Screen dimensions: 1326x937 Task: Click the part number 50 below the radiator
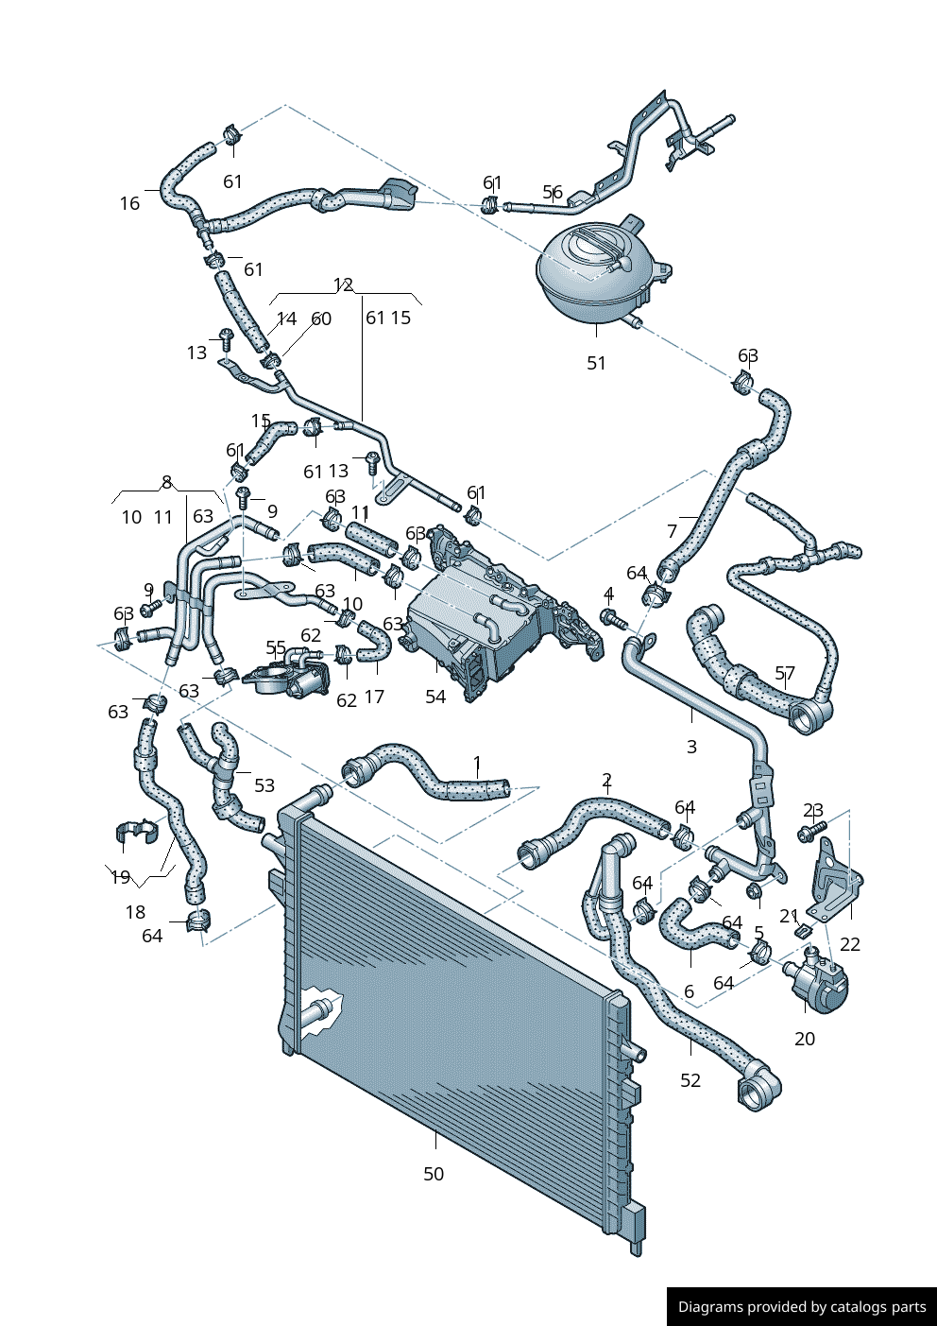pos(433,1174)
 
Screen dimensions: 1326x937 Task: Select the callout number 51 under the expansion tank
pos(596,363)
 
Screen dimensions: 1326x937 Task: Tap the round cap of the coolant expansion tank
pos(595,248)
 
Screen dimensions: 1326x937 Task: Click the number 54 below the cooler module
pos(434,697)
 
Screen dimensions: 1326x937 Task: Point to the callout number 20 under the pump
pos(804,1039)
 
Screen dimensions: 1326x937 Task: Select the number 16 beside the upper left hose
pos(129,203)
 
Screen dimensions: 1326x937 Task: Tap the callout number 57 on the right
pos(785,673)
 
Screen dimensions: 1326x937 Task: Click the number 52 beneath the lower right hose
pos(690,1080)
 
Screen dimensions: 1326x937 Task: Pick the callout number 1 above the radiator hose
pos(477,763)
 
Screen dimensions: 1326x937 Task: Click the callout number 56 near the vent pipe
pos(553,193)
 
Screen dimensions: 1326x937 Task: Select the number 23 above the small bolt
pos(813,811)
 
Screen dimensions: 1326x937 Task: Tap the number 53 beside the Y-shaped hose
pos(264,785)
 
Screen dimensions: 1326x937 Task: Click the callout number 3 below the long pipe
pos(691,747)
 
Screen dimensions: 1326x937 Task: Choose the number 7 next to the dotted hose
pos(673,531)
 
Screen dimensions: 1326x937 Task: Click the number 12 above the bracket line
pos(343,284)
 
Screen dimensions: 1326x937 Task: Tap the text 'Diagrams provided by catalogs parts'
pos(802,1307)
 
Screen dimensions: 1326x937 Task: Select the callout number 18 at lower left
pos(135,912)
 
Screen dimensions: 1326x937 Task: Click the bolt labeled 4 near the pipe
pos(615,619)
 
